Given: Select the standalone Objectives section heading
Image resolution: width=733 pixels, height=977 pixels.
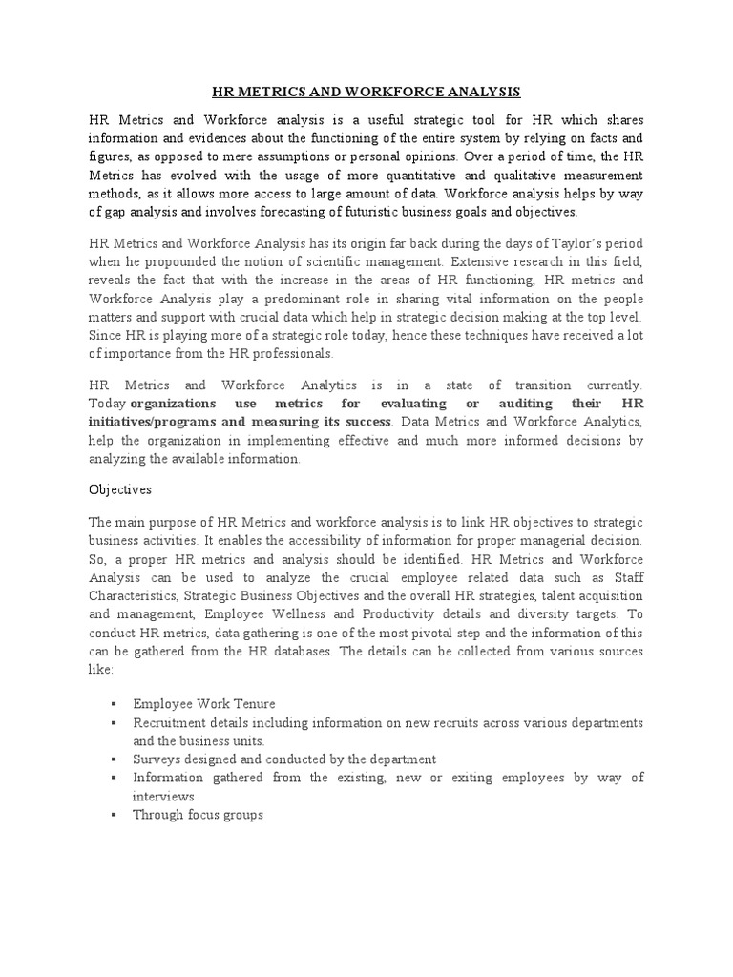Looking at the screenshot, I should [x=119, y=488].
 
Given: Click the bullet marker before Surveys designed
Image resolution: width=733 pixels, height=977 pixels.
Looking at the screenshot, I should [x=114, y=759].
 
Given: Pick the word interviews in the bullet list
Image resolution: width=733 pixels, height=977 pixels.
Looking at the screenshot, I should [x=163, y=797].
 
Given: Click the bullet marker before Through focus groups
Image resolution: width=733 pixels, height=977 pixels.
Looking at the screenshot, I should [x=114, y=815].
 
